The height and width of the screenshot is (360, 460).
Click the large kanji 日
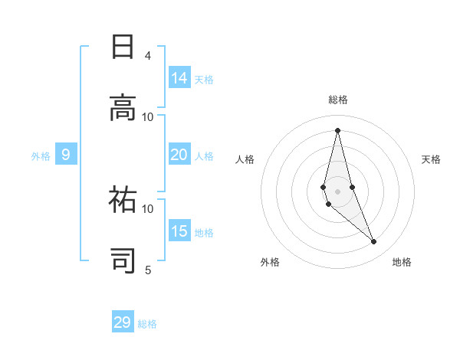pyautogui.click(x=123, y=47)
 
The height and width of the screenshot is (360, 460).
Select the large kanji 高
pyautogui.click(x=123, y=107)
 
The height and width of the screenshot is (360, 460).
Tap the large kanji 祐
pyautogui.click(x=123, y=199)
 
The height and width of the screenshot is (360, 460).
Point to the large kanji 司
pyautogui.click(x=123, y=260)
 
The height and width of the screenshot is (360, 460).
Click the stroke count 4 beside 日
pyautogui.click(x=148, y=56)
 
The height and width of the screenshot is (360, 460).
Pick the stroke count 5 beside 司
pyautogui.click(x=148, y=270)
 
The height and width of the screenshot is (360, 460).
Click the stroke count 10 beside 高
pyautogui.click(x=147, y=117)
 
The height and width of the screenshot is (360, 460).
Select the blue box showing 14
pyautogui.click(x=179, y=77)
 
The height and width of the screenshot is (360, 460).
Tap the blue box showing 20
pyautogui.click(x=179, y=154)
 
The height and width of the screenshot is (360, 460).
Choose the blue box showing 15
pyautogui.click(x=179, y=230)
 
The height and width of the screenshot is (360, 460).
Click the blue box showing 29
pyautogui.click(x=123, y=321)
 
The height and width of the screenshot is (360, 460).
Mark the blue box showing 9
pyautogui.click(x=66, y=154)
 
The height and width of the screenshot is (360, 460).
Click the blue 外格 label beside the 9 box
pyautogui.click(x=41, y=156)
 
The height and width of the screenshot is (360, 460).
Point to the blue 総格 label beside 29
pyautogui.click(x=147, y=324)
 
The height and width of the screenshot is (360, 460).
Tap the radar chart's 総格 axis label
pyautogui.click(x=338, y=100)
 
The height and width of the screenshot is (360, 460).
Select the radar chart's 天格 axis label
pyautogui.click(x=431, y=159)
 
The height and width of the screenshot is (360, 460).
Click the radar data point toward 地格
pyautogui.click(x=374, y=241)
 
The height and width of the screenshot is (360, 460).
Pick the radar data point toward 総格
pyautogui.click(x=337, y=130)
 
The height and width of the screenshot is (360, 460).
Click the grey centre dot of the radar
pyautogui.click(x=337, y=191)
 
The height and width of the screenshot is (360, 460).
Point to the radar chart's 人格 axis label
pyautogui.click(x=245, y=159)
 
